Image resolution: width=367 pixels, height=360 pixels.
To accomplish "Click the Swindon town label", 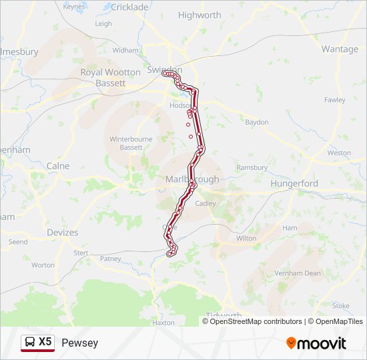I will [163, 70].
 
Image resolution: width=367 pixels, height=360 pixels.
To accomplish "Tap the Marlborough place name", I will [191, 179].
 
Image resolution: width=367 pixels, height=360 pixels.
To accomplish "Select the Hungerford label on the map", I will [294, 183].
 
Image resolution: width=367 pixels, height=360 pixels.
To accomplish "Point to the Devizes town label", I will [62, 233].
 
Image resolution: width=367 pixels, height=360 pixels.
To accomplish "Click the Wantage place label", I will [340, 49].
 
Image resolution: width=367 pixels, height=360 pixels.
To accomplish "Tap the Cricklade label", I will [129, 7].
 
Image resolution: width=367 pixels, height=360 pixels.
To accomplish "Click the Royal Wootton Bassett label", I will [111, 77].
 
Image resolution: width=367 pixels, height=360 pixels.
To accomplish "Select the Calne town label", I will [58, 166].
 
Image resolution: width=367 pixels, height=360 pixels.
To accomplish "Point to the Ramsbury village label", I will [252, 167].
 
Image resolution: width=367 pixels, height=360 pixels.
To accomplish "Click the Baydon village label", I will [257, 122].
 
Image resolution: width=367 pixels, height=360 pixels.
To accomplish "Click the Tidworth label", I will [224, 315].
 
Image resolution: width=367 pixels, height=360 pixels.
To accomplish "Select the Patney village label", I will [110, 259].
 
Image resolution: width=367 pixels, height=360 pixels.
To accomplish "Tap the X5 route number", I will [45, 342].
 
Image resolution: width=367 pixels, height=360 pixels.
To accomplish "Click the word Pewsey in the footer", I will [79, 343].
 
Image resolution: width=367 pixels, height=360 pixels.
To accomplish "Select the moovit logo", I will [316, 343].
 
